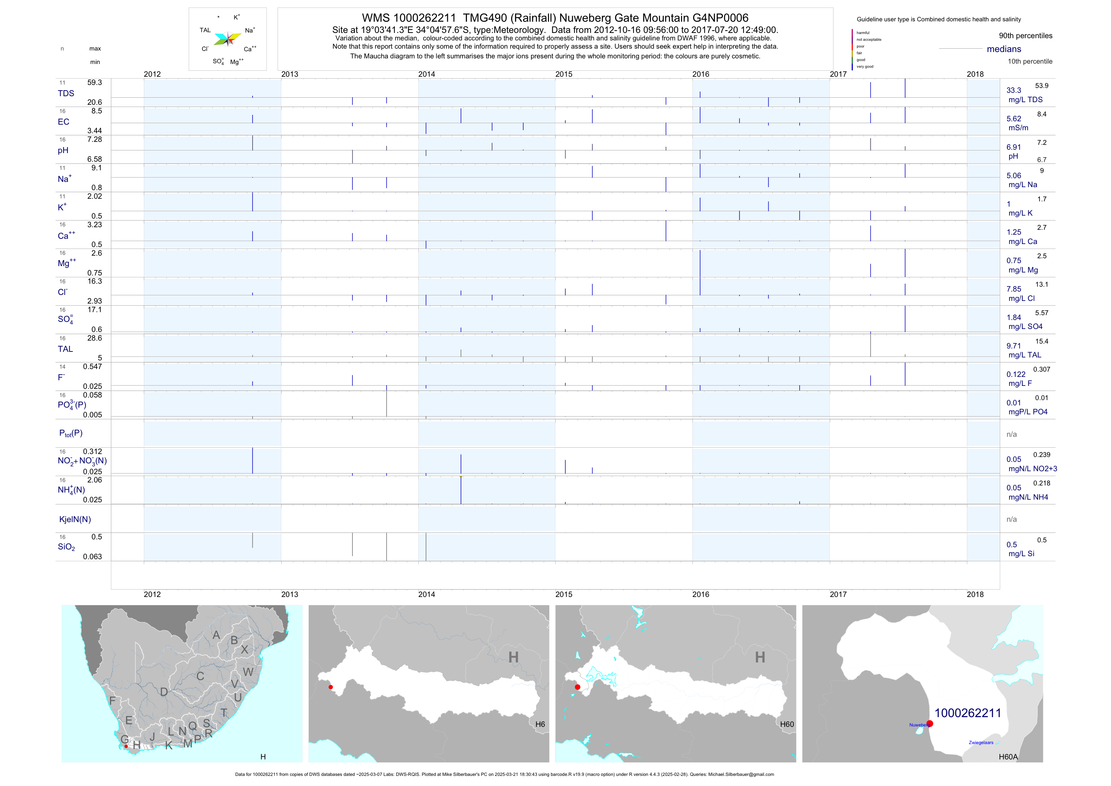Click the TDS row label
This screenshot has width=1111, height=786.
click(x=66, y=94)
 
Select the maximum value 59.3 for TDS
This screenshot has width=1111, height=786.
click(x=94, y=83)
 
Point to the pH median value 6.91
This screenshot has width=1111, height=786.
click(x=1013, y=147)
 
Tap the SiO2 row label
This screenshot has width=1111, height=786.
click(x=66, y=547)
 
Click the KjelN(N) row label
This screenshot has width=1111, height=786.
click(x=75, y=520)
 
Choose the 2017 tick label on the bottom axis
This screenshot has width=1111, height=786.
click(x=838, y=594)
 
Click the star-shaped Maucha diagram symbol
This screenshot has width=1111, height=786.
click(x=228, y=39)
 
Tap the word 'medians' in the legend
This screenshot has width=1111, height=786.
click(x=1004, y=49)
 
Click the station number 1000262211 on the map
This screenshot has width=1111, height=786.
click(x=967, y=713)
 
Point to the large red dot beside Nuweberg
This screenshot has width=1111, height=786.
click(x=930, y=723)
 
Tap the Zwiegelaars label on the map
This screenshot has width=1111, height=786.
click(x=981, y=743)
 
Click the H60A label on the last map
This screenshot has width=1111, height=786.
click(x=1008, y=757)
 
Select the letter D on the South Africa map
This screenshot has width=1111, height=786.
click(x=164, y=692)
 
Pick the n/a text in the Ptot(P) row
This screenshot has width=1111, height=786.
click(x=1011, y=434)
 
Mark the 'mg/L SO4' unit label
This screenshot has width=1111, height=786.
click(x=1025, y=327)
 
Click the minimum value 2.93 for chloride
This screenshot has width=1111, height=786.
click(x=94, y=301)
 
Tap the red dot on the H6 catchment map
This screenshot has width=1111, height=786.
click(x=330, y=687)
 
